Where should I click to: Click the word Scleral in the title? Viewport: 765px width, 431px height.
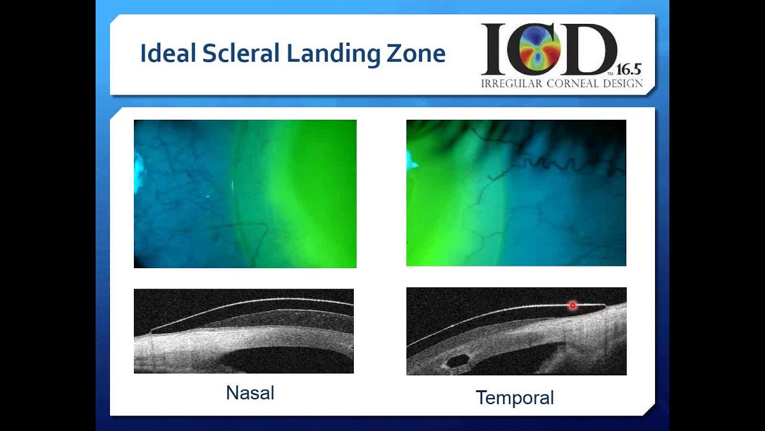tap(240, 54)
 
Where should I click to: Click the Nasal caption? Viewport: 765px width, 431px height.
tap(250, 393)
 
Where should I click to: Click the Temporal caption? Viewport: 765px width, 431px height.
tap(515, 397)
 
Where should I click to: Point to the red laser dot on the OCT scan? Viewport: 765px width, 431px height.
tap(573, 305)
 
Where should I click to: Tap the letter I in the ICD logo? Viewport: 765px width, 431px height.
tap(494, 49)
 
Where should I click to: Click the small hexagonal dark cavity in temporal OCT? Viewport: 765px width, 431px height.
tap(458, 360)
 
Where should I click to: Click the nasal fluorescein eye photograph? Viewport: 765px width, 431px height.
tap(245, 193)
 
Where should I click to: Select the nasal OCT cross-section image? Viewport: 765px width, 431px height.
tap(244, 331)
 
